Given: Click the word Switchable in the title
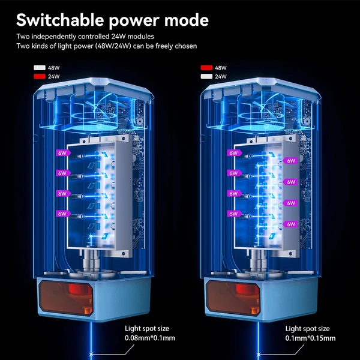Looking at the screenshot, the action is pyautogui.click(x=60, y=20).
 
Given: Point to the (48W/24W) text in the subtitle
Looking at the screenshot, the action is pyautogui.click(x=113, y=46).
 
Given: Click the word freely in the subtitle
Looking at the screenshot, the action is pyautogui.click(x=164, y=46).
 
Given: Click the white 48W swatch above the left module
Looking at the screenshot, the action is pyautogui.click(x=40, y=68).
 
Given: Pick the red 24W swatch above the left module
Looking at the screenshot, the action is pyautogui.click(x=40, y=76).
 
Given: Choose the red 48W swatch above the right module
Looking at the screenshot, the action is pyautogui.click(x=206, y=68).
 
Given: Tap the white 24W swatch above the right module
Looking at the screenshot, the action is pyautogui.click(x=206, y=76).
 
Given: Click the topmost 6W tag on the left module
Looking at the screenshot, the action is pyautogui.click(x=63, y=153).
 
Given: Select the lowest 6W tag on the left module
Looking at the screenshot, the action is pyautogui.click(x=63, y=214).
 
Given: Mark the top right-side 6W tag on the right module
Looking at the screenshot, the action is pyautogui.click(x=290, y=161).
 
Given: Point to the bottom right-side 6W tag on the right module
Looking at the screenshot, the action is pyautogui.click(x=290, y=224).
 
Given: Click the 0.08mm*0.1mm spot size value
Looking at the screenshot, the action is pyautogui.click(x=149, y=338).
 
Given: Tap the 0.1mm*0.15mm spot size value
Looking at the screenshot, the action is pyautogui.click(x=310, y=338).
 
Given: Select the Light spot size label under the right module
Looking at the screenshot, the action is pyautogui.click(x=307, y=329).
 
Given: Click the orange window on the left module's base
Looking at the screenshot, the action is pyautogui.click(x=66, y=298).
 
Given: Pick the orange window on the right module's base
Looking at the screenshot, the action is pyautogui.click(x=233, y=298).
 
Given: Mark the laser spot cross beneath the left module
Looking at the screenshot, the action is pyautogui.click(x=91, y=354).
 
